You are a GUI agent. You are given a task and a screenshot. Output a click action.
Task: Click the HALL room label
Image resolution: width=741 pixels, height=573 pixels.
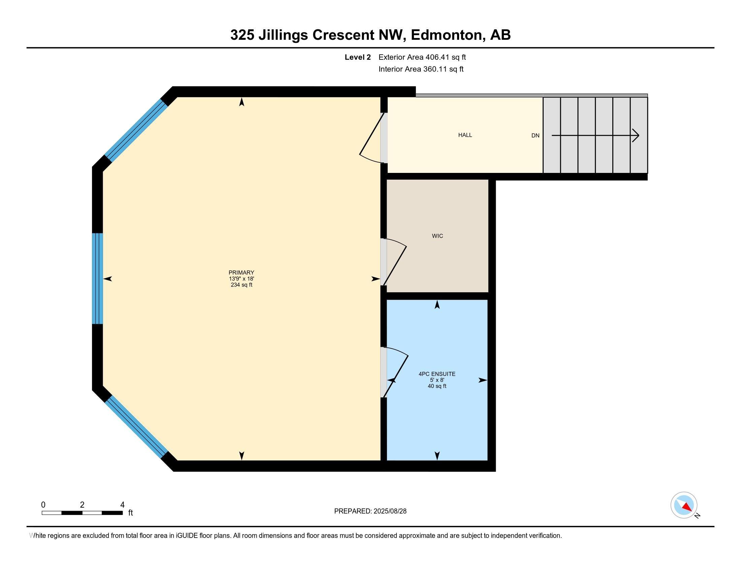(465, 135)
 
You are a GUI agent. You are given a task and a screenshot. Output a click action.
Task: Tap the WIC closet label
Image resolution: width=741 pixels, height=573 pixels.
(437, 236)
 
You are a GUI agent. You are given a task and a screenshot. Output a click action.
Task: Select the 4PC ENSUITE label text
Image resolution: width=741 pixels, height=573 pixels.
(437, 374)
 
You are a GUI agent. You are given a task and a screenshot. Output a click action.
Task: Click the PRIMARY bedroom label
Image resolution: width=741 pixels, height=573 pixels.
(241, 272)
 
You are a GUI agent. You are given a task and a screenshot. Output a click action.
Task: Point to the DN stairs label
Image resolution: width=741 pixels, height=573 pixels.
(536, 135)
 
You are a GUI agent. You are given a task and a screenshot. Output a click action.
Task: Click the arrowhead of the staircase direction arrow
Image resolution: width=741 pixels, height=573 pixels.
(636, 135)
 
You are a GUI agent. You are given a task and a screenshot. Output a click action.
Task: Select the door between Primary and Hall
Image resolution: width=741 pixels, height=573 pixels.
(372, 138)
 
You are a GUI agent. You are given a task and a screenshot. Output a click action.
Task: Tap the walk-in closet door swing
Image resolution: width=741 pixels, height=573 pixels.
(393, 262)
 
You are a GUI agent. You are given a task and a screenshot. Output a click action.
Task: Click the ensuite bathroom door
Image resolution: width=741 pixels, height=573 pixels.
(395, 372)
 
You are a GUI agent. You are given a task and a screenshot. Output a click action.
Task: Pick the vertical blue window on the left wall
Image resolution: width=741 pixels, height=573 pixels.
(98, 279)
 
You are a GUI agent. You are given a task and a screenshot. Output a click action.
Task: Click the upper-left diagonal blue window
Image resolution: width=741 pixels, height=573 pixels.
(136, 130)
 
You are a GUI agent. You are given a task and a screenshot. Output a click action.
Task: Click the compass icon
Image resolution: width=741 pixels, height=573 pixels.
(684, 505)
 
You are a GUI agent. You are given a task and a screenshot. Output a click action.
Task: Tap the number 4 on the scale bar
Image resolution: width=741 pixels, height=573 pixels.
(122, 505)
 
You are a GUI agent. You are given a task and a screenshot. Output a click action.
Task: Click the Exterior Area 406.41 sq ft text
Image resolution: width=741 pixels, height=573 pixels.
(422, 57)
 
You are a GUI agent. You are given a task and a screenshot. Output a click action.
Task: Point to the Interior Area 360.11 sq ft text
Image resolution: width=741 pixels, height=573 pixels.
(421, 69)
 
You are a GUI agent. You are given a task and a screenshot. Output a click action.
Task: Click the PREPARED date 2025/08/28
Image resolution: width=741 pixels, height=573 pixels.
(389, 511)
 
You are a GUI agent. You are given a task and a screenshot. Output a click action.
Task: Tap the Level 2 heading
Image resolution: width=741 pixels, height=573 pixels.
(358, 57)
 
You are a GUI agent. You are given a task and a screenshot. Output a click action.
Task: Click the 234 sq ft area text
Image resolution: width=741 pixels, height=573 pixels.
(241, 285)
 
